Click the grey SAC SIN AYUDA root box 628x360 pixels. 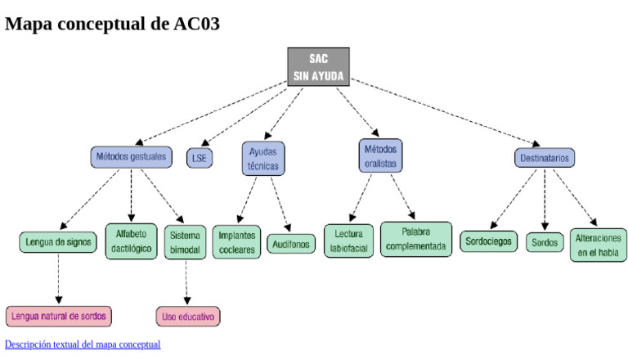[318, 67]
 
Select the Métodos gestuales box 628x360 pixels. [131, 156]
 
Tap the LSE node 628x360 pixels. [200, 158]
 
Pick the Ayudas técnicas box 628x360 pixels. [262, 159]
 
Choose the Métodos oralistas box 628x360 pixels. [380, 155]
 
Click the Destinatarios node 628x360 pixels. [545, 158]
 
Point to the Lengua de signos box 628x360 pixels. [58, 242]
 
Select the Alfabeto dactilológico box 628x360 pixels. [131, 241]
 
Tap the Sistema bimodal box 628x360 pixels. [185, 243]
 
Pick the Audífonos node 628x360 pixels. [291, 244]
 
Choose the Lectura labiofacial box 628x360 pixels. [349, 241]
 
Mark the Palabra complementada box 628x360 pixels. [416, 240]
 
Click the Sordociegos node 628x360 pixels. [488, 242]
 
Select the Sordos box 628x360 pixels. [545, 243]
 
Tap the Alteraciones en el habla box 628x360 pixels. [599, 245]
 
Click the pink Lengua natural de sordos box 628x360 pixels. [58, 316]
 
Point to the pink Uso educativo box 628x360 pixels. [188, 317]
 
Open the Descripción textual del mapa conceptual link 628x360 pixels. [83, 344]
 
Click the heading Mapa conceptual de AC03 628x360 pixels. [112, 24]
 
